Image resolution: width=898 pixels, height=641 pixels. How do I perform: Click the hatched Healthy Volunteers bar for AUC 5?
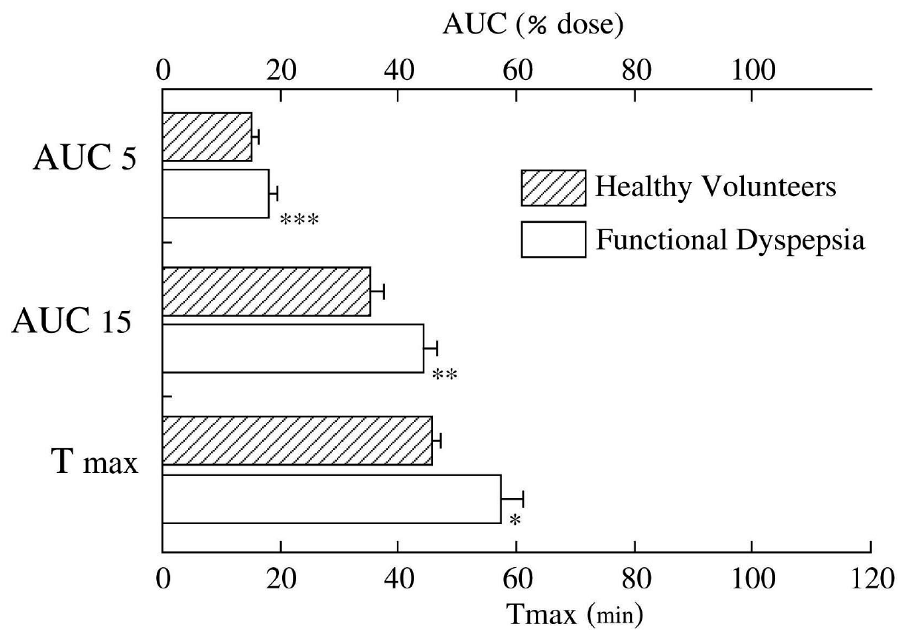(207, 137)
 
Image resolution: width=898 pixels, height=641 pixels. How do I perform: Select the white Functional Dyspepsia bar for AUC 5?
(215, 193)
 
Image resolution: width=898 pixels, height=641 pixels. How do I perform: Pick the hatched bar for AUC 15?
(266, 292)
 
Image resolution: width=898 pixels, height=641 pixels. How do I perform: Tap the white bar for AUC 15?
(292, 348)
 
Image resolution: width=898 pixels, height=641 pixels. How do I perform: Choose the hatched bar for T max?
(297, 440)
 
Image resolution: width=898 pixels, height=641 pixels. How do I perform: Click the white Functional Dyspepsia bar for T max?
(331, 499)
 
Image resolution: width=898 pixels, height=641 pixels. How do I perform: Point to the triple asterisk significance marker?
(299, 221)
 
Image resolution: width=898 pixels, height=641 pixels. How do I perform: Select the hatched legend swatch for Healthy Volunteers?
(553, 187)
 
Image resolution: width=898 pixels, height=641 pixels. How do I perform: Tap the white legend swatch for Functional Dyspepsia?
(553, 239)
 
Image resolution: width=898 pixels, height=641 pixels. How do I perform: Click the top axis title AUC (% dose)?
(534, 26)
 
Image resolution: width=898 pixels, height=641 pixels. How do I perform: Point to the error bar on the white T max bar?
(513, 499)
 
